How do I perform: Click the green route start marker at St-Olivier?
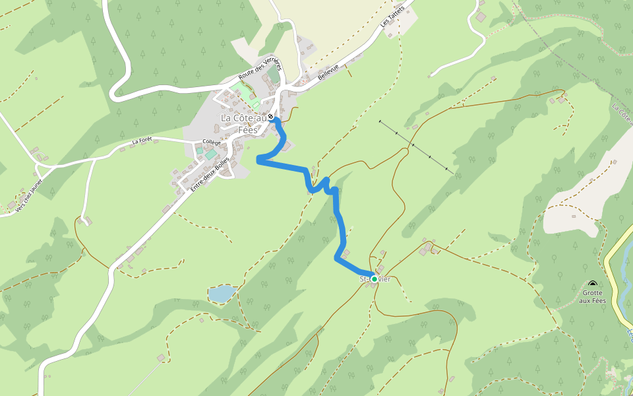(375, 279)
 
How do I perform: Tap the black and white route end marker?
(270, 117)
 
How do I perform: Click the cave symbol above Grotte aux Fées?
(592, 284)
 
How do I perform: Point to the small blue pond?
(221, 294)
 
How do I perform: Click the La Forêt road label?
(142, 141)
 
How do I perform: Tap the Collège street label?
(212, 142)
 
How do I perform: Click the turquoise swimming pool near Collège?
(210, 154)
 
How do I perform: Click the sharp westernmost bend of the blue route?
(258, 159)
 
